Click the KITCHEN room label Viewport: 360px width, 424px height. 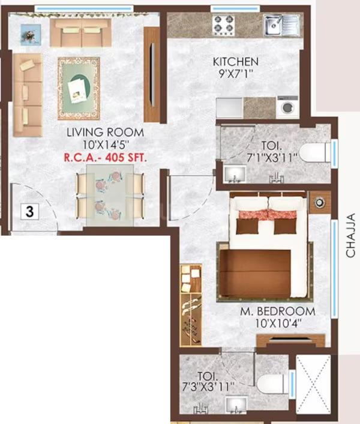click(236, 62)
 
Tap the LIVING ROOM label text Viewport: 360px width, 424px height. click(106, 132)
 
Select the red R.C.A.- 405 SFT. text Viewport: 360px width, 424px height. click(106, 158)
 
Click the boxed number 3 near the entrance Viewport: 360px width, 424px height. click(28, 211)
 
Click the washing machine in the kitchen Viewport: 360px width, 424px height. click(287, 107)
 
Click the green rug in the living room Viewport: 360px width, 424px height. click(82, 88)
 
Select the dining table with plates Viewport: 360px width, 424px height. click(110, 196)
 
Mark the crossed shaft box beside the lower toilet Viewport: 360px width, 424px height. click(312, 384)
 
